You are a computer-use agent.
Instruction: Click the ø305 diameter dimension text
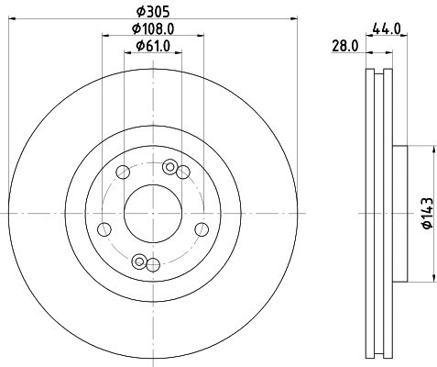pos(153,10)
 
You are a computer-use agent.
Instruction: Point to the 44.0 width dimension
pos(387,28)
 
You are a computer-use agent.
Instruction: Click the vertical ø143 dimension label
pos(427,214)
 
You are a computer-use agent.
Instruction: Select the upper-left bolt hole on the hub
pos(123,172)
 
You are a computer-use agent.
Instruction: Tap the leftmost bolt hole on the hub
pos(104,229)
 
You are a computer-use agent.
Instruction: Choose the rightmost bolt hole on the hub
pos(202,229)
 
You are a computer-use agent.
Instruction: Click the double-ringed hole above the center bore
pos(168,167)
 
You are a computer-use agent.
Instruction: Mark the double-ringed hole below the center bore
pos(138,261)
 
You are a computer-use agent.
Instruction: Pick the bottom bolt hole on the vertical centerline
pos(153,266)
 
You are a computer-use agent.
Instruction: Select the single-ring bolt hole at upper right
pos(183,172)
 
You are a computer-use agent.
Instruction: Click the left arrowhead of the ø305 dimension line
pos(13,17)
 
